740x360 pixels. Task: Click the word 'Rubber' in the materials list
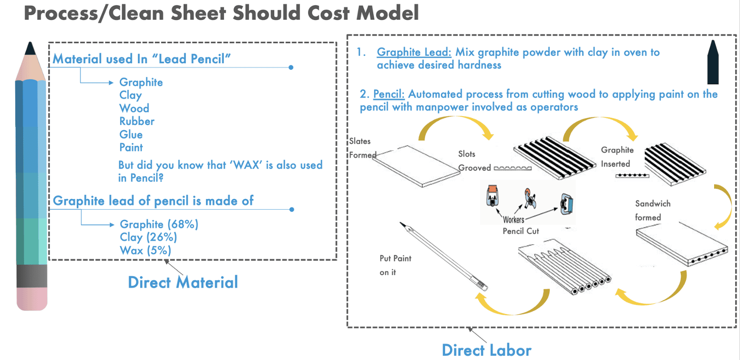tap(136, 121)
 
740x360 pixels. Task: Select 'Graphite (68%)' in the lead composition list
tap(159, 224)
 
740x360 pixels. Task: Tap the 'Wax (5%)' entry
tap(145, 250)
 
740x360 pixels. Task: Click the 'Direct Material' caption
tap(183, 282)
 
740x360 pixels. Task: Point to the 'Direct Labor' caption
tap(486, 350)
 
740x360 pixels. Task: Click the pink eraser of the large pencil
tap(32, 298)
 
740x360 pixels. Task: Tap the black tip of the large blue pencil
tap(31, 49)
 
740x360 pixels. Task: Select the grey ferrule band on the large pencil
tap(32, 276)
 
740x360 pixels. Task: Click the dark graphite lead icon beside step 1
tap(713, 62)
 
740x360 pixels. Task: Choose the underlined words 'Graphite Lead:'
tap(413, 52)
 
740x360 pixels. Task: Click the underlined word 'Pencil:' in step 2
tap(388, 94)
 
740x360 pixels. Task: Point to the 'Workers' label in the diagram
tap(513, 220)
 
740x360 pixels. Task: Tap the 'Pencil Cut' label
tap(521, 231)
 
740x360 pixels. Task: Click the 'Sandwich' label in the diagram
tap(653, 204)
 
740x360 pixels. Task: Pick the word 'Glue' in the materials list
tap(131, 135)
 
